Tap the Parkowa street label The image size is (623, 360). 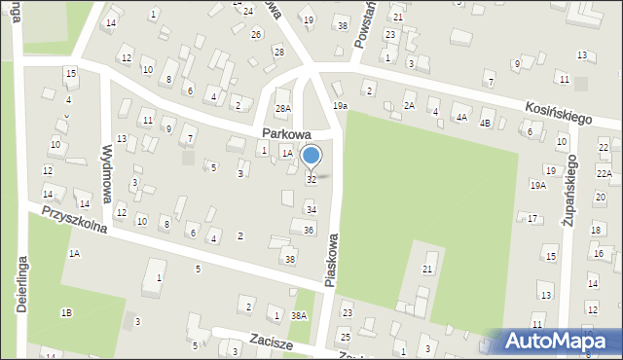(285, 133)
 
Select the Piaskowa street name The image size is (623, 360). (333, 259)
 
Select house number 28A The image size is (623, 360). (283, 108)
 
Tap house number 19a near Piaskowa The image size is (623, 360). (339, 105)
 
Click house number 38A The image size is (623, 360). (299, 315)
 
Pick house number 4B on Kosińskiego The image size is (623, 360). (485, 123)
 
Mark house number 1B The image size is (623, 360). (66, 312)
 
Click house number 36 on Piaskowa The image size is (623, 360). (309, 231)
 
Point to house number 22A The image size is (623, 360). (604, 173)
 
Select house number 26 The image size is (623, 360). (256, 34)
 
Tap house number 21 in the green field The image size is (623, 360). (427, 269)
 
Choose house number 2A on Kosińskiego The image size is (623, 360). (410, 105)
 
